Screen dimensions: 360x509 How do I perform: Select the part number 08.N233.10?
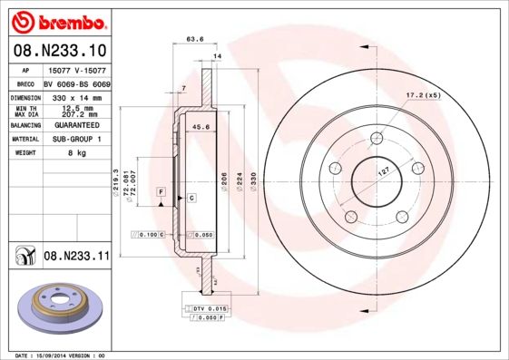click(60, 51)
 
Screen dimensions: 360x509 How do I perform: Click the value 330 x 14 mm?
click(75, 97)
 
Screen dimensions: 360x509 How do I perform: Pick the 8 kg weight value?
click(75, 153)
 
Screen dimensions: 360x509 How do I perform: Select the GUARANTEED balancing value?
click(75, 125)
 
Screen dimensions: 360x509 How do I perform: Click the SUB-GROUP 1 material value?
click(75, 139)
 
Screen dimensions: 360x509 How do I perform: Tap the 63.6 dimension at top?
click(194, 39)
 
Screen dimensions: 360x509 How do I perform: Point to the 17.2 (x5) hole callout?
click(423, 94)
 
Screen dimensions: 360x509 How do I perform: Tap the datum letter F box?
click(160, 192)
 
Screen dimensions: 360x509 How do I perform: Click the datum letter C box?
click(192, 197)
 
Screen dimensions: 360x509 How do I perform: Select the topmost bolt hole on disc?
click(376, 138)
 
